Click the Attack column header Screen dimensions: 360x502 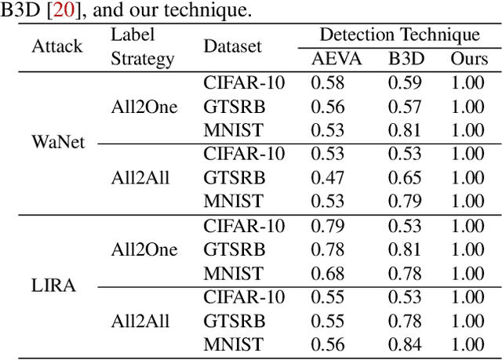pos(56,46)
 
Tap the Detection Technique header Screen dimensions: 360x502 pos(399,35)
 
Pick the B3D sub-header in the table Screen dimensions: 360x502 pos(405,59)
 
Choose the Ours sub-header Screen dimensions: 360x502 pos(469,59)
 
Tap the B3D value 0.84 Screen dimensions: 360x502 pos(405,344)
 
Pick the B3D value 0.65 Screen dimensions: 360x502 pos(405,178)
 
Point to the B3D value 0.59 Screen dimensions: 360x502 pos(405,82)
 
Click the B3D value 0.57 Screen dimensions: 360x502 pos(405,107)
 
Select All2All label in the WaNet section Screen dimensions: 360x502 pos(140,178)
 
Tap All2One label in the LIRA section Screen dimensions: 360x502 pos(144,249)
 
